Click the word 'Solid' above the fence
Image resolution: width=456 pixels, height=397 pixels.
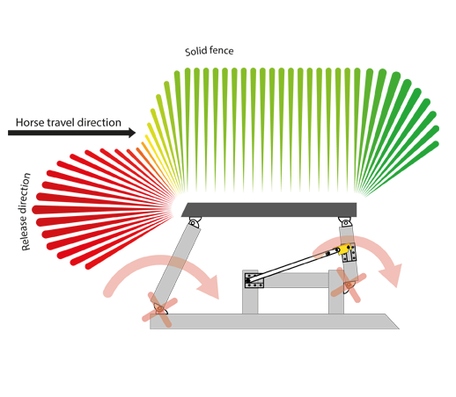195,52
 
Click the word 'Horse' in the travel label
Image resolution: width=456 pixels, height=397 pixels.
30,122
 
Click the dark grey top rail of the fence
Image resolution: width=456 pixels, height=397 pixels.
269,210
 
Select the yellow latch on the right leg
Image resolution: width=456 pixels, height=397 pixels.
344,249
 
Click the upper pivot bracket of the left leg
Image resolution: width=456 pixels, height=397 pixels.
195,221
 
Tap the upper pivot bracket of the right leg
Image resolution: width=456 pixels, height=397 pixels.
345,221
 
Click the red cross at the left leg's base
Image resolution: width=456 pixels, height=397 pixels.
160,309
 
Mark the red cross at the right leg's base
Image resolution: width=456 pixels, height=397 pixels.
349,285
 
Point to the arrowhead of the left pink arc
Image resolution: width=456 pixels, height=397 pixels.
210,287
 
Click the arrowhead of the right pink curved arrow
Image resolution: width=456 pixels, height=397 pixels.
391,275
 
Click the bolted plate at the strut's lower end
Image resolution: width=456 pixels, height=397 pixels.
254,280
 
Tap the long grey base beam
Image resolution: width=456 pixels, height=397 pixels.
275,321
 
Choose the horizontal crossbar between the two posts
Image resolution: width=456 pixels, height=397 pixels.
297,280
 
